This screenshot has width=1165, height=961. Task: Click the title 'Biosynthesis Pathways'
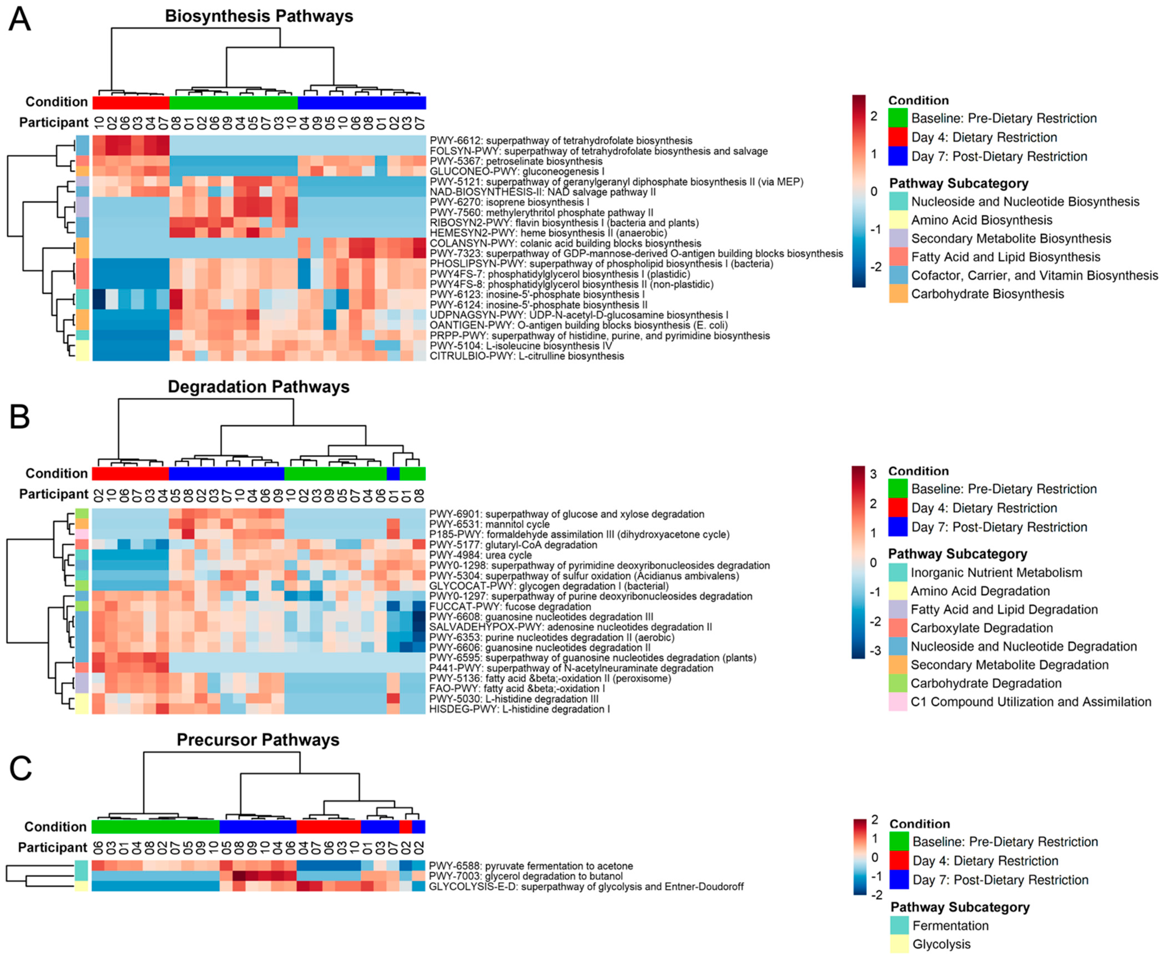pyautogui.click(x=259, y=16)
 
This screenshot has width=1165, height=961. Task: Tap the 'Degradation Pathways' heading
pyautogui.click(x=259, y=387)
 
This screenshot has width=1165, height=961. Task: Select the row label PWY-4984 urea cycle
pyautogui.click(x=481, y=555)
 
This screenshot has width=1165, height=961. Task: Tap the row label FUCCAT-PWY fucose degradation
pyautogui.click(x=510, y=607)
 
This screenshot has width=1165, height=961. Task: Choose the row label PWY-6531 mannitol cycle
pyautogui.click(x=490, y=524)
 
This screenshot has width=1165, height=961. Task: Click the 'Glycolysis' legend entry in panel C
pyautogui.click(x=941, y=944)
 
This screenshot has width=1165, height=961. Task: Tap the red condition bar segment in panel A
pyautogui.click(x=131, y=102)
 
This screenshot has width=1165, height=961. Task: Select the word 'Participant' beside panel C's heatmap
pyautogui.click(x=53, y=848)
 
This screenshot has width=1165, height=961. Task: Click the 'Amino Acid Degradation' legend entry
pyautogui.click(x=980, y=591)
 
